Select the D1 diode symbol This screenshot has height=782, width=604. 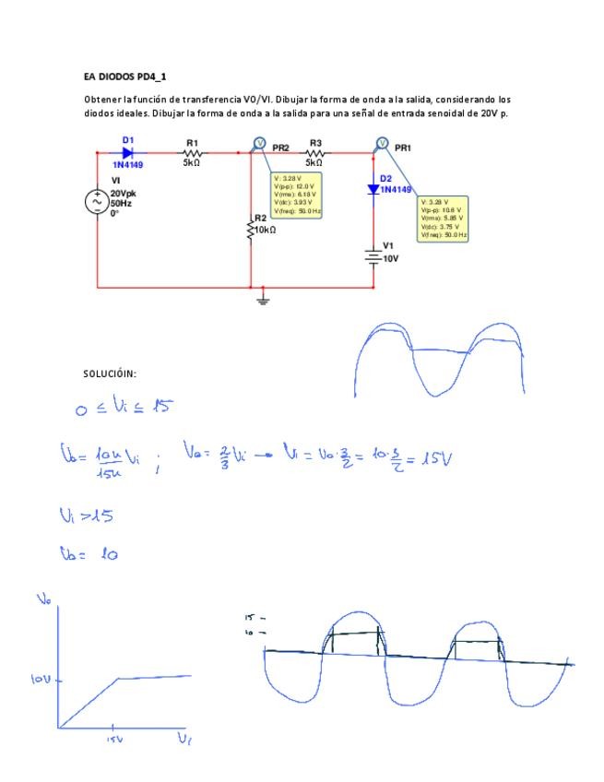(127, 152)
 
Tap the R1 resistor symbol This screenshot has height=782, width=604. (192, 152)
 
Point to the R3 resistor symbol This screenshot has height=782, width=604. (315, 152)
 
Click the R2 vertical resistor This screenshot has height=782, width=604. (251, 228)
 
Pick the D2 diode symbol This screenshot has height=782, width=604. (373, 189)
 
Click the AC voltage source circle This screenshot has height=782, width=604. (98, 203)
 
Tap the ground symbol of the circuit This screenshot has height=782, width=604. (263, 298)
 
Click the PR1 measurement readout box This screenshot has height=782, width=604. (443, 219)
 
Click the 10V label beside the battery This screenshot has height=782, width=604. (390, 259)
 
